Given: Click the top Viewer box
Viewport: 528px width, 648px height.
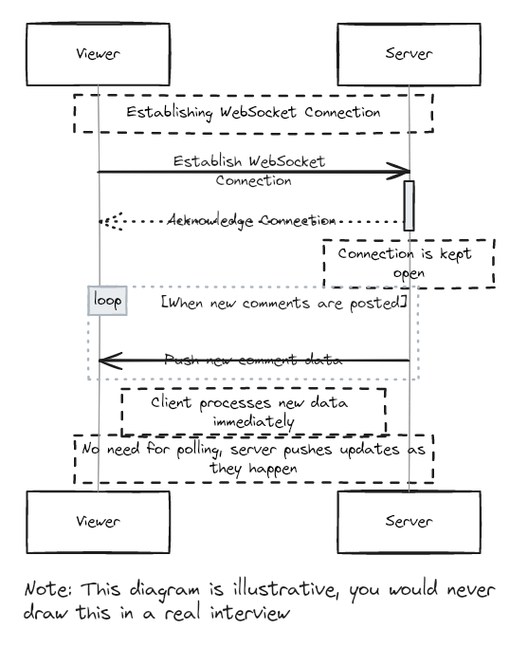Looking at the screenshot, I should [97, 53].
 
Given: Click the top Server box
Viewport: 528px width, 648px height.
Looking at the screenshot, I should [409, 53].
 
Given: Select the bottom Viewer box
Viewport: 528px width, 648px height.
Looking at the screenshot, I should [97, 521].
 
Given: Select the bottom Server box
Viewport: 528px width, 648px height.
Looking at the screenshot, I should [409, 521].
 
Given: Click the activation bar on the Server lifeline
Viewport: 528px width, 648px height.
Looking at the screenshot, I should [410, 205].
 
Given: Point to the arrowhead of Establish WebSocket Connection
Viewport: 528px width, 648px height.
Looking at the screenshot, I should [400, 172].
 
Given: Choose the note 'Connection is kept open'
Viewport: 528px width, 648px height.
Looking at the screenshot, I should [409, 264].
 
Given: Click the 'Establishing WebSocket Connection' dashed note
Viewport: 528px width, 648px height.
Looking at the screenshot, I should [253, 113].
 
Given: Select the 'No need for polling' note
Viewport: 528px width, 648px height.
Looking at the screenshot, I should [253, 459].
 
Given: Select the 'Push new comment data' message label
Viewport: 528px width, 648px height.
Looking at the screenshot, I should [253, 361].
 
